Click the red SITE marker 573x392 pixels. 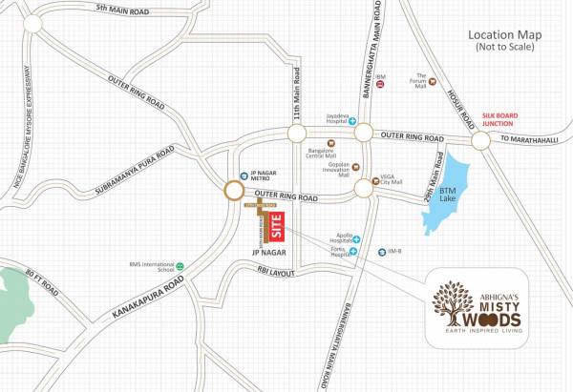277,227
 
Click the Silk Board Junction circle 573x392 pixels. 479,139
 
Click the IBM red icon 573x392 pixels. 380,86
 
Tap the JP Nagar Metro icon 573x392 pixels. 244,175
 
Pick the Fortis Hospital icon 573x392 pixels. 353,252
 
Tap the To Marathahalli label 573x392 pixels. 537,140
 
